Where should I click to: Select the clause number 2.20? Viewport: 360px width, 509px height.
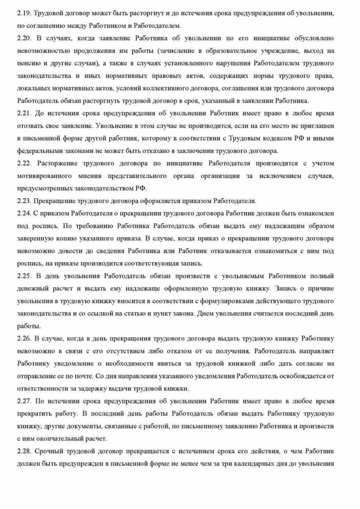[x=23, y=38]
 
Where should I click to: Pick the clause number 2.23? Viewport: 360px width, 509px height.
[x=23, y=201]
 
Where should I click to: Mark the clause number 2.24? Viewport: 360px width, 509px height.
[x=23, y=214]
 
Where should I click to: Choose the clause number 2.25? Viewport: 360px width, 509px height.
[x=23, y=275]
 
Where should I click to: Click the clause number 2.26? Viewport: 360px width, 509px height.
[x=23, y=339]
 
